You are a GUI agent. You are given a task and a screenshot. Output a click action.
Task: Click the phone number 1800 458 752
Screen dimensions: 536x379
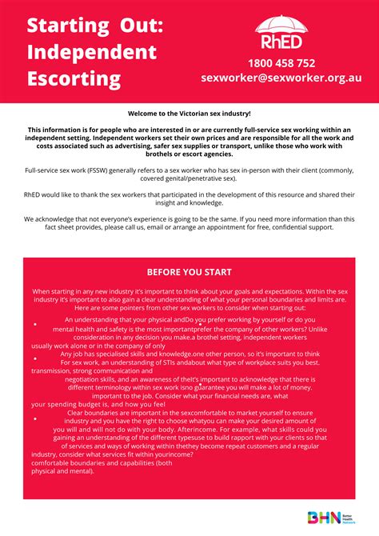281,63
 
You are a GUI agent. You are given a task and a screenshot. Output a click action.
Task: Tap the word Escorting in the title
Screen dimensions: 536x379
74,79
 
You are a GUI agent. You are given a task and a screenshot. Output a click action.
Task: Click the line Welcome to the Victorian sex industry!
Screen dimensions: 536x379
189,115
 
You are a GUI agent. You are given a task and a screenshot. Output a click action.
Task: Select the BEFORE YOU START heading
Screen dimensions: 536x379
189,271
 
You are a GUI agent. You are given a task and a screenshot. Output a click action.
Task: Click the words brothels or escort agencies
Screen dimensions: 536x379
189,153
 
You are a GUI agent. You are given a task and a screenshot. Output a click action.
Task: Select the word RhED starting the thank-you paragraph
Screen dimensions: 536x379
34,194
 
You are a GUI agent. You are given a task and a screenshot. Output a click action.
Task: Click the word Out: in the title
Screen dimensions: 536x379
136,25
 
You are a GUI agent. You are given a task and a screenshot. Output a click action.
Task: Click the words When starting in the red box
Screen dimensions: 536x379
54,292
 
